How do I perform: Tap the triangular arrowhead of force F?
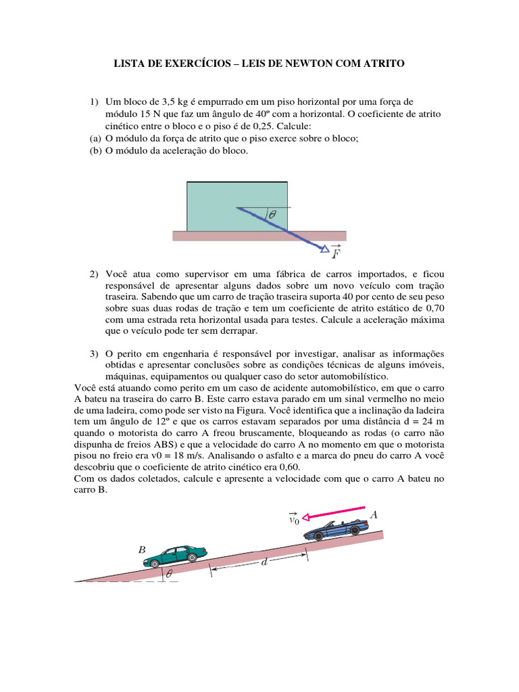[x=325, y=249]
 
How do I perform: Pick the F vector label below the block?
[x=337, y=253]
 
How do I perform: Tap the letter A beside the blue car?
[x=373, y=514]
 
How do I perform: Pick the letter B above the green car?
[x=142, y=549]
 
